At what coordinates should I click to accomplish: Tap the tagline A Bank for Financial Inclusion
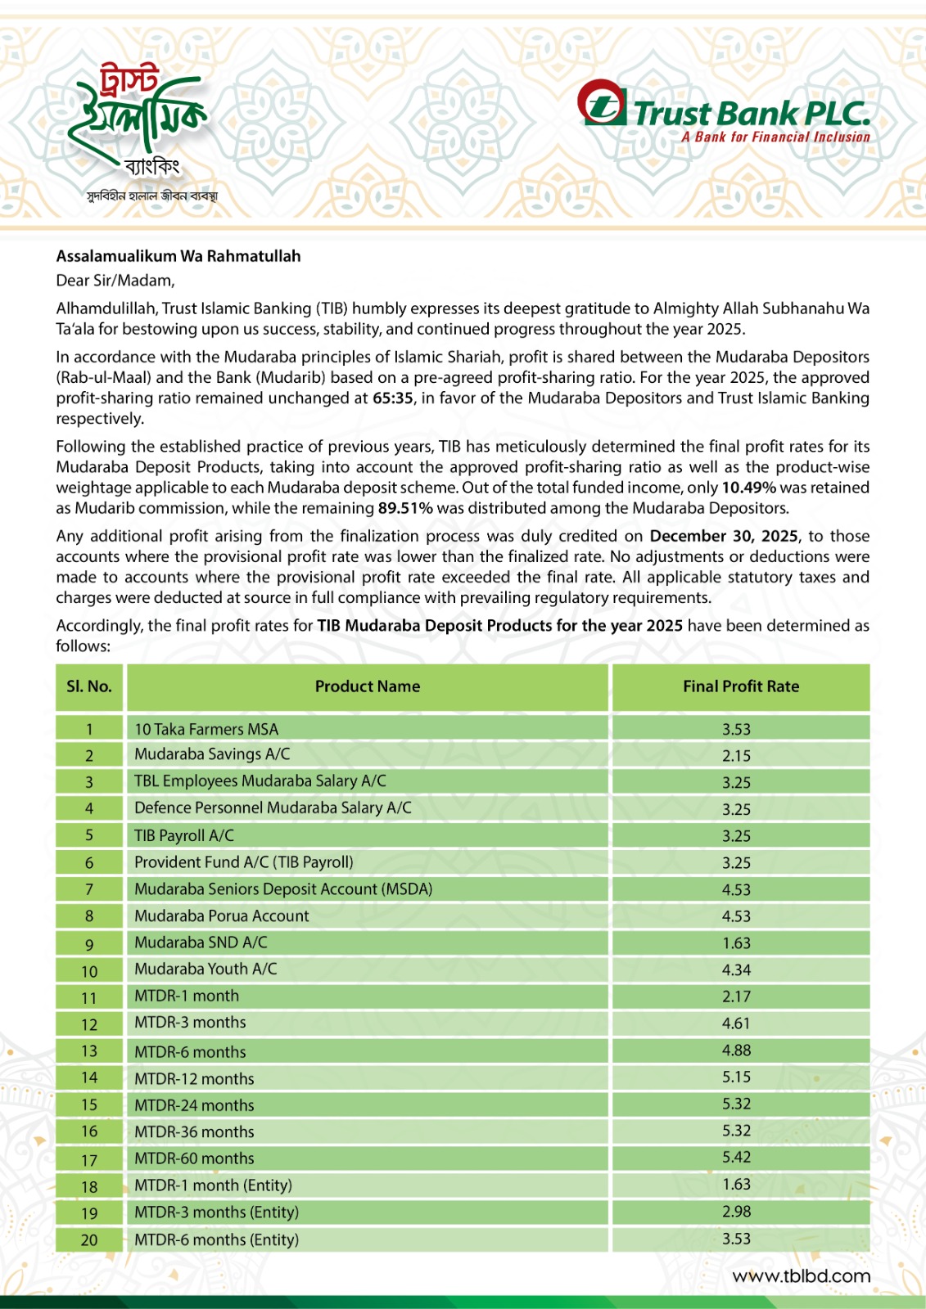click(775, 137)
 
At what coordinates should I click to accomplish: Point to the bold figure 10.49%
click(748, 488)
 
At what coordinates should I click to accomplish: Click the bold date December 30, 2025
click(724, 536)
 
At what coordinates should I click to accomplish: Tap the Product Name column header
click(368, 687)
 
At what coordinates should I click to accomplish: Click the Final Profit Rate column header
click(740, 687)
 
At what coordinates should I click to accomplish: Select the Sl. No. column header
click(88, 687)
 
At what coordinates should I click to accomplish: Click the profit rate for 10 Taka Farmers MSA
click(736, 729)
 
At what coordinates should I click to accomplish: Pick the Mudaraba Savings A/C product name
click(212, 754)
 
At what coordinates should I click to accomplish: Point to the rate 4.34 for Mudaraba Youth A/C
click(736, 969)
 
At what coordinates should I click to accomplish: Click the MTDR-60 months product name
click(194, 1158)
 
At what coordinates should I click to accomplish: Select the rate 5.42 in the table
click(736, 1158)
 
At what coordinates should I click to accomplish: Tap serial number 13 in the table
click(88, 1051)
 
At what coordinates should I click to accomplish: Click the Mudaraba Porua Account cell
click(221, 916)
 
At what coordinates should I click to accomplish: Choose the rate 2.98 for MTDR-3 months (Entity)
click(736, 1212)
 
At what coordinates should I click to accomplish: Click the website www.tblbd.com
click(801, 1276)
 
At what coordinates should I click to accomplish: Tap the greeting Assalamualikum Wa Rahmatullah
click(178, 256)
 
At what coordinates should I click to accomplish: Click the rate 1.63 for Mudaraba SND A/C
click(736, 943)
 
